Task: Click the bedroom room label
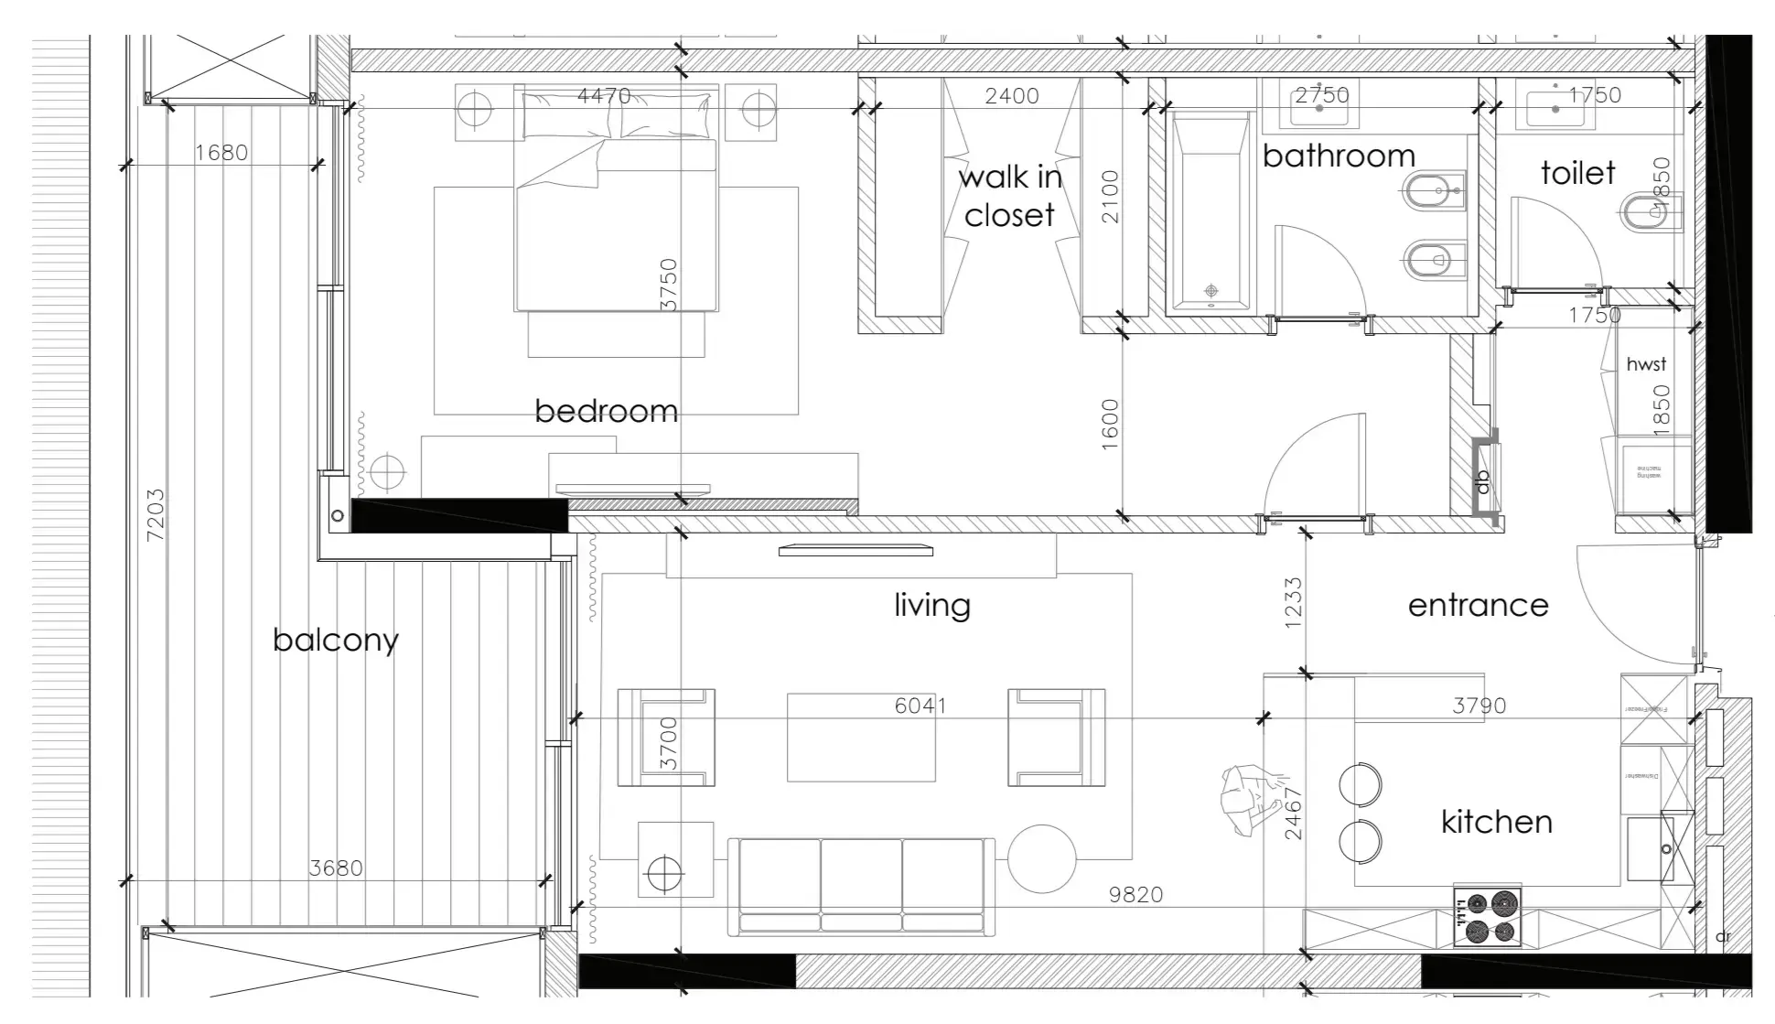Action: coord(606,411)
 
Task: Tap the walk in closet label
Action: coord(1010,196)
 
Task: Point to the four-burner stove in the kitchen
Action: coord(1487,917)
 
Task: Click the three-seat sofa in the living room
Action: coord(861,886)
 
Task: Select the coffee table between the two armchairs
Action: coord(861,738)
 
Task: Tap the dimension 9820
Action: coord(1135,894)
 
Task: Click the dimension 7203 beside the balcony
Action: coord(156,514)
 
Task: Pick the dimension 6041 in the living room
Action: coord(920,706)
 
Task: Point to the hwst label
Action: coord(1646,364)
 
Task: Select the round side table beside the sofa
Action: coord(1042,858)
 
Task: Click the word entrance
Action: coord(1478,605)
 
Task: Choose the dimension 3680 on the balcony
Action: coord(336,868)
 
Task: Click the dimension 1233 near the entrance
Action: coord(1293,602)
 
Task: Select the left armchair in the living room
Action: coord(666,738)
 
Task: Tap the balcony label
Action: coord(336,640)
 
